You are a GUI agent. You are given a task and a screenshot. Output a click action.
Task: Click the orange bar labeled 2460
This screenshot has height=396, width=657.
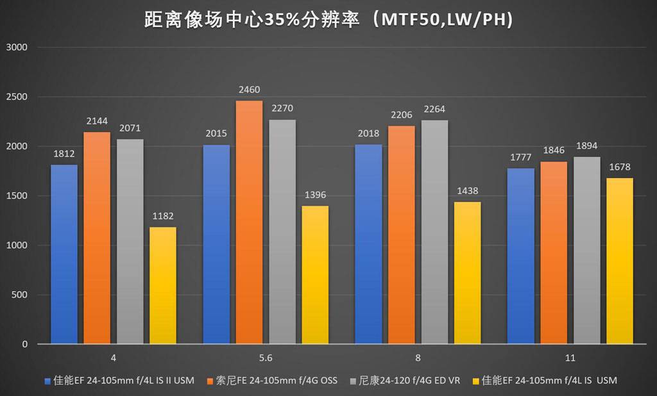(249, 222)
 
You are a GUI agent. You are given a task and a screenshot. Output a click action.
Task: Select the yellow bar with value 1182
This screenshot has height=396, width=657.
(163, 285)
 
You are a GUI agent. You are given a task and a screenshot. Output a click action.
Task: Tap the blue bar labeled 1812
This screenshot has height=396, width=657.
(64, 254)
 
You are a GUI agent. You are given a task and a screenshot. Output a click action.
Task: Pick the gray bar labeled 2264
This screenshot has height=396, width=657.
(434, 232)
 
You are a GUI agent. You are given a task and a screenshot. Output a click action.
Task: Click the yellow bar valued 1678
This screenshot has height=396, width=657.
(619, 261)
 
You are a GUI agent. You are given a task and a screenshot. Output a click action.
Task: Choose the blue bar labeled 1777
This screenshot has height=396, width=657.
(520, 256)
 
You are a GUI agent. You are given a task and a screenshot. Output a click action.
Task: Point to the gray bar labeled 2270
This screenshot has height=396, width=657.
(282, 232)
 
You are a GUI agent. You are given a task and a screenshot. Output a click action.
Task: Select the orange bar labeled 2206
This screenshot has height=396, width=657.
(402, 235)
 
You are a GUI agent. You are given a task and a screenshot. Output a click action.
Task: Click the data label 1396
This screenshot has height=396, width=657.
(315, 195)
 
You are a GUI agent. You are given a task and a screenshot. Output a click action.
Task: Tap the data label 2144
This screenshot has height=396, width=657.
(97, 120)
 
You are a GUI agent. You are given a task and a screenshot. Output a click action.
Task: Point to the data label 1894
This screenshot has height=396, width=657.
(587, 145)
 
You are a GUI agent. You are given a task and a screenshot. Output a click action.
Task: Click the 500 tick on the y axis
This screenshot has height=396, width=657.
(21, 295)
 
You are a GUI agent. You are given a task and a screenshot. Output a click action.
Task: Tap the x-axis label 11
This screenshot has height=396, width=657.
(570, 358)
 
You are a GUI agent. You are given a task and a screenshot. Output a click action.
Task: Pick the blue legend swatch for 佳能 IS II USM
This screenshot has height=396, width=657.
(47, 381)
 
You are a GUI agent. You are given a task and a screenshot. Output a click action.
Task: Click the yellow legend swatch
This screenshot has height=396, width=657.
(475, 381)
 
